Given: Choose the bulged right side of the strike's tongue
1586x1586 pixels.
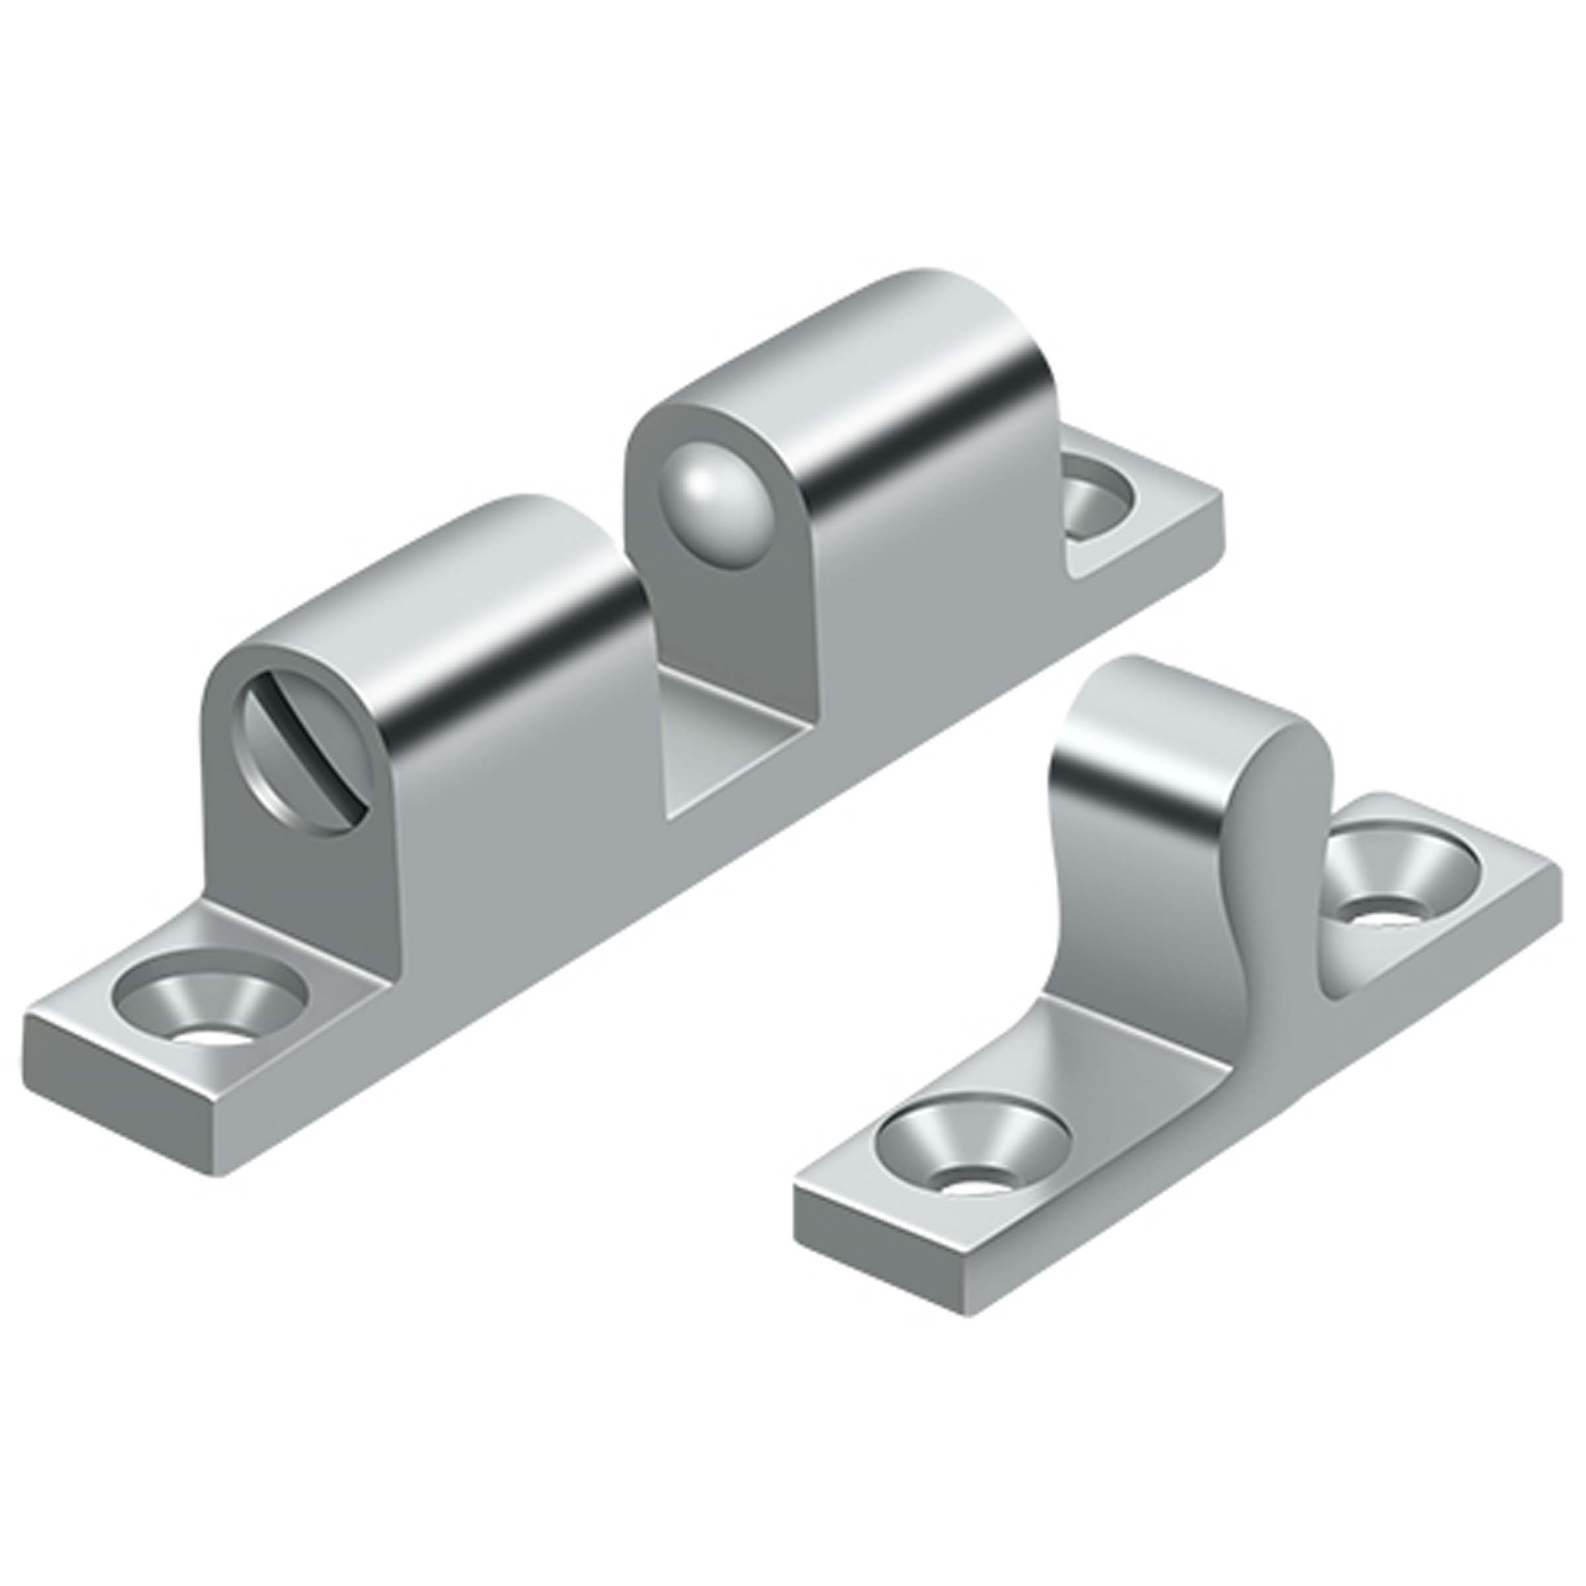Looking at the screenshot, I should coord(1272,821).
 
